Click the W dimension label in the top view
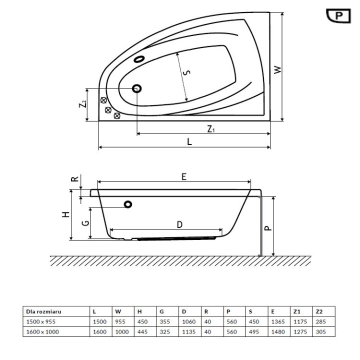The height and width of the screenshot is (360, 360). click(x=278, y=69)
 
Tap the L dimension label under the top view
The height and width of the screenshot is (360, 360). click(x=189, y=141)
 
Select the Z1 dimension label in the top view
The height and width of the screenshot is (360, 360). click(x=211, y=128)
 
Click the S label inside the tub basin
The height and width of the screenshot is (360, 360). click(x=186, y=73)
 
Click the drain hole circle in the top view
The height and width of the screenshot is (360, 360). click(x=137, y=88)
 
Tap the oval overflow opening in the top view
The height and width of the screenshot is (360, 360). click(x=139, y=59)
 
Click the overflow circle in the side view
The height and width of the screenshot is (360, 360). click(x=128, y=204)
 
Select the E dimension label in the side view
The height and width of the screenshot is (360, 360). click(x=183, y=176)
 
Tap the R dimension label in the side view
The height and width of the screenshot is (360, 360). click(x=74, y=179)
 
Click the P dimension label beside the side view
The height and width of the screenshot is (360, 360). click(x=268, y=227)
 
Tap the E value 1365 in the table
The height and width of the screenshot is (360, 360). click(x=277, y=320)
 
